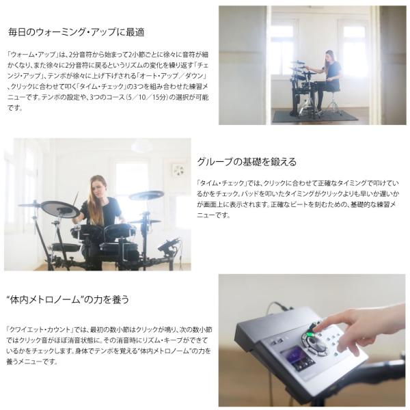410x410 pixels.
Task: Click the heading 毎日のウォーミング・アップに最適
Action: click(76, 32)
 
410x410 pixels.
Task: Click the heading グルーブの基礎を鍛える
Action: click(247, 162)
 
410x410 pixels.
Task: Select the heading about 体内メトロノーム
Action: click(68, 299)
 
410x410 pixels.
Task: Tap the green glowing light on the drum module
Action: click(309, 334)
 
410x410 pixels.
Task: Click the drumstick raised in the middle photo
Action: click(76, 200)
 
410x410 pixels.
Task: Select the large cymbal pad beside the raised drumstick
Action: click(60, 208)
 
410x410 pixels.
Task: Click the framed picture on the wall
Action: click(179, 170)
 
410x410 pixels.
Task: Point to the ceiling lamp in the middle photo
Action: click(141, 146)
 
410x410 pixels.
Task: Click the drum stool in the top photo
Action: click(333, 102)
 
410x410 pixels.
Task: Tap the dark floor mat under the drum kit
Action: click(315, 116)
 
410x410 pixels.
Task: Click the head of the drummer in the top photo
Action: click(329, 56)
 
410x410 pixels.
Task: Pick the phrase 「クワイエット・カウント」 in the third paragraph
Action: click(39, 330)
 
